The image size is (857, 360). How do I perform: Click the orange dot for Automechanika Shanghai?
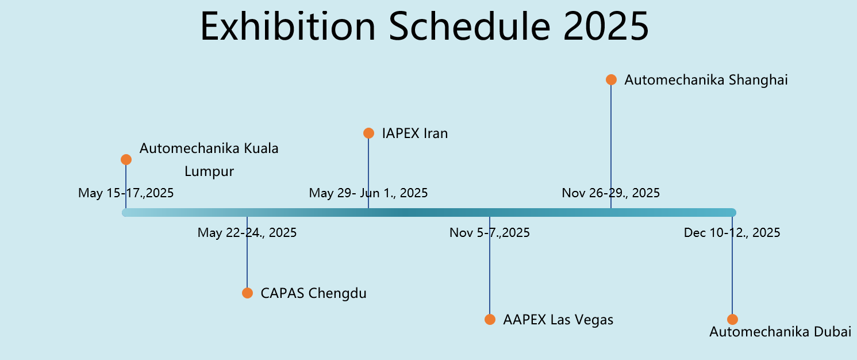(611, 80)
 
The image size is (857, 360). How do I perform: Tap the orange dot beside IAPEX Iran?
(368, 133)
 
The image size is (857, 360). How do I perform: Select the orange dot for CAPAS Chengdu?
(248, 293)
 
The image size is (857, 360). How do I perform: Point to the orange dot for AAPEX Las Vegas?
(490, 319)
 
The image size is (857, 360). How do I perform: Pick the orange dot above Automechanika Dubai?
(732, 319)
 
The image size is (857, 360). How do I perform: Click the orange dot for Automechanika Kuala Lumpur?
(126, 159)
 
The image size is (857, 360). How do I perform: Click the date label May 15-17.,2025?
(126, 193)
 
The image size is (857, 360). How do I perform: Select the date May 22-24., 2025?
(247, 232)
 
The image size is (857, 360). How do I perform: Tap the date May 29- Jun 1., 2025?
(368, 193)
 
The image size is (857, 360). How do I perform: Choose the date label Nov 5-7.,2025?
(490, 232)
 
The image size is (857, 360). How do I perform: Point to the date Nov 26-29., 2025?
(610, 193)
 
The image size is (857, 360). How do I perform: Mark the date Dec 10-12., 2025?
(732, 232)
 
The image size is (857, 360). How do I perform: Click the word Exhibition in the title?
(288, 26)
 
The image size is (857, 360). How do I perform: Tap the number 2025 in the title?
(606, 26)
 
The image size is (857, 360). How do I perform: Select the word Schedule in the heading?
(470, 26)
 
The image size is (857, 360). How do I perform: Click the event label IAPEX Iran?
(415, 133)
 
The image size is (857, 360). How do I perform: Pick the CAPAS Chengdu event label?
(314, 293)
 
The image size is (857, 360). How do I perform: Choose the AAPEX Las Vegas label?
(558, 320)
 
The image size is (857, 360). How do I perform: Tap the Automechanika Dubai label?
(781, 332)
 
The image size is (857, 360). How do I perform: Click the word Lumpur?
(209, 171)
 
